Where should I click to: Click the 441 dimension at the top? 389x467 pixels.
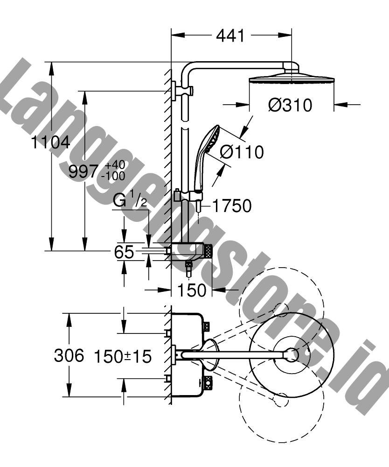pos(230,36)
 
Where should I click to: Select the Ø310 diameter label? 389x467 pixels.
pos(290,105)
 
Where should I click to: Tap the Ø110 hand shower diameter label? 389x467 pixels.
pos(242,152)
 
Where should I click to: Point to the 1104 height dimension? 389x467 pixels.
pos(51,142)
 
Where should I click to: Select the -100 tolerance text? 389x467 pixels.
pos(113,176)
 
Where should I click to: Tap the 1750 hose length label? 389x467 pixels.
pos(232,206)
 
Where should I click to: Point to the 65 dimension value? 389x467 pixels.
pos(124,252)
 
